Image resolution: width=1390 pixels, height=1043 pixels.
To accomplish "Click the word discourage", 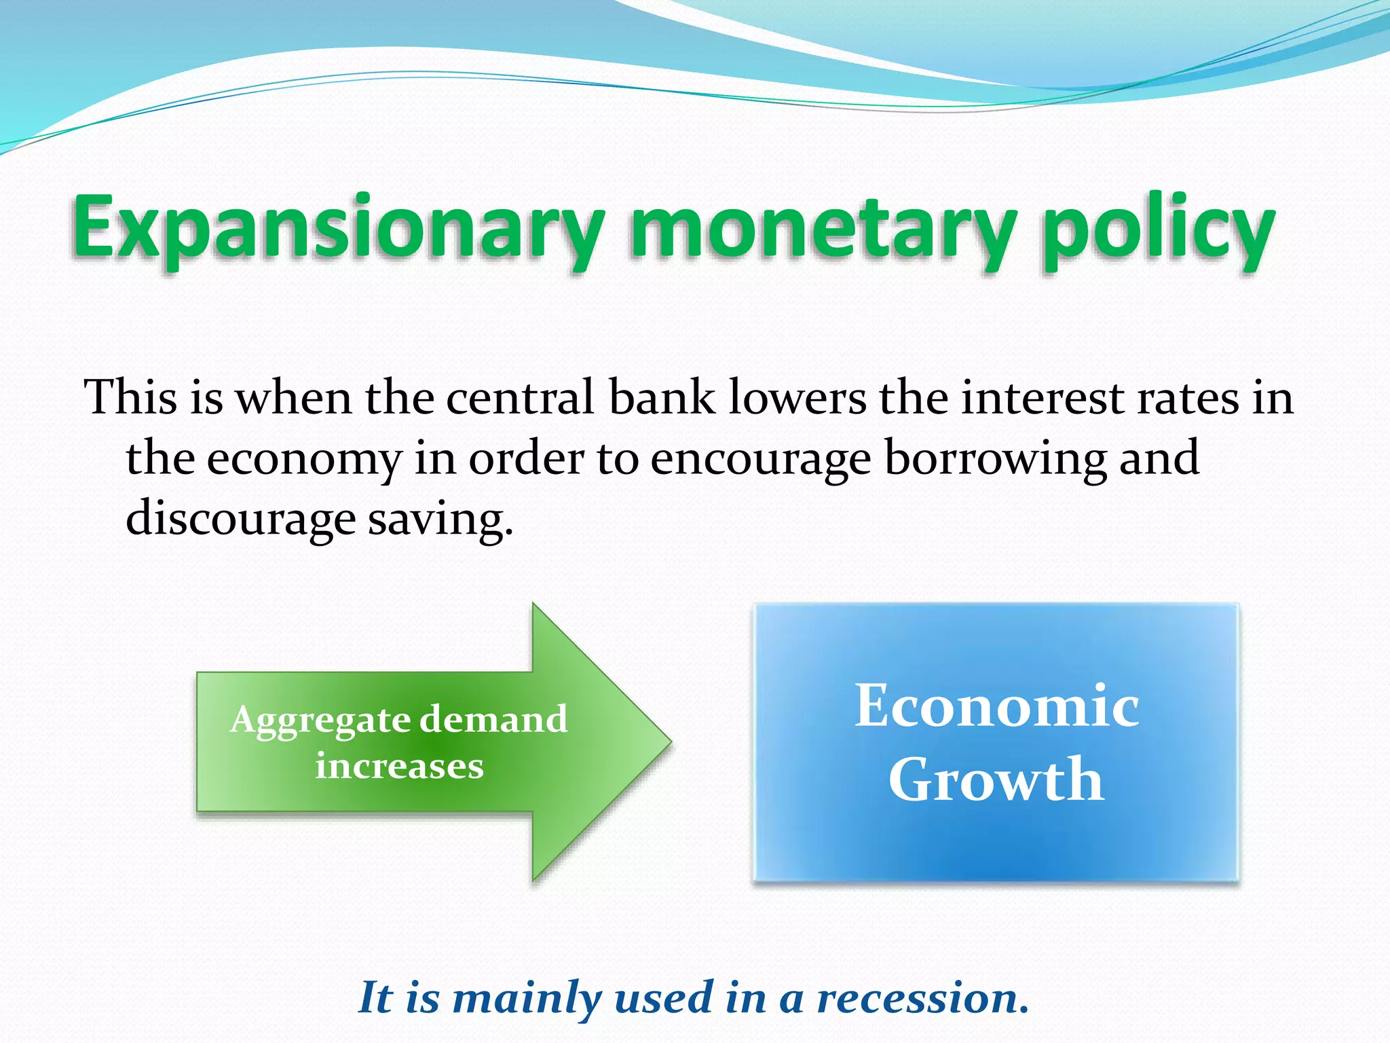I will [241, 519].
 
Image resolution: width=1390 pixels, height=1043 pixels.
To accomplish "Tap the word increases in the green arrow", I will [399, 767].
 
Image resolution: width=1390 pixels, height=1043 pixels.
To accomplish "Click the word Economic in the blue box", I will [996, 706].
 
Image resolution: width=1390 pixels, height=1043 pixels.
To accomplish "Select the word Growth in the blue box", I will [996, 780].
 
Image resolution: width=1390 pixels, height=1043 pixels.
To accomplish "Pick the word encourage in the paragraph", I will [760, 460].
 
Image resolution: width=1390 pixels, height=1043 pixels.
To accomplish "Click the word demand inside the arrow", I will [493, 720].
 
